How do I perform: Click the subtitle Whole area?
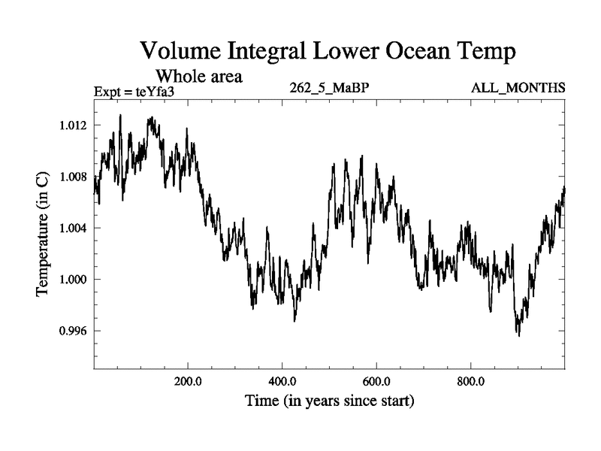click(x=198, y=76)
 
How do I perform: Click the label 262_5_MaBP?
click(x=329, y=88)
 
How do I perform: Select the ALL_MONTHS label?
click(x=518, y=88)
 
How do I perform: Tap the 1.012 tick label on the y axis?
click(x=74, y=125)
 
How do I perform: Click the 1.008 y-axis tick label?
click(x=74, y=177)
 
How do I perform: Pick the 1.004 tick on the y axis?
click(x=74, y=228)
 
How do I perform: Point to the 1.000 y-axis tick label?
click(x=74, y=280)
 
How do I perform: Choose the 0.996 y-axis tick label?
click(x=74, y=331)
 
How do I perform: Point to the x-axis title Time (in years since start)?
click(x=329, y=401)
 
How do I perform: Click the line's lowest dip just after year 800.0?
click(x=518, y=335)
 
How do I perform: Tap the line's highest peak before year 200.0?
click(x=120, y=115)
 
